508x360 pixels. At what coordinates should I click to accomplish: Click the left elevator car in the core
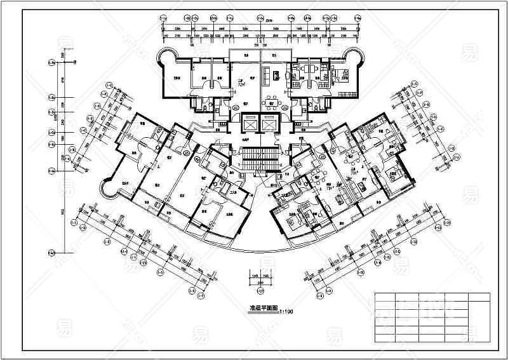pyautogui.click(x=251, y=123)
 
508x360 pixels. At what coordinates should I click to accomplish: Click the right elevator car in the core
pyautogui.click(x=271, y=123)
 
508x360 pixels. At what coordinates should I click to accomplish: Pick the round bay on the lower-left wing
pyautogui.click(x=107, y=187)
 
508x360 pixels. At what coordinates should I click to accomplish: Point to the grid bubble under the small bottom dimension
pyautogui.click(x=261, y=291)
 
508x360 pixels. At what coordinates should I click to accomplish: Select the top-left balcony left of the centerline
pyautogui.click(x=244, y=55)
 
